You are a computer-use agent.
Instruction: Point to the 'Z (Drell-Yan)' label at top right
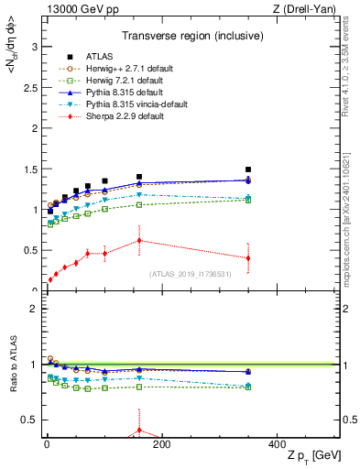(307, 9)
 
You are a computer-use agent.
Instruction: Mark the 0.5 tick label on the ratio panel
(27, 420)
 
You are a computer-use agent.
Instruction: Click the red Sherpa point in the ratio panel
(139, 430)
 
